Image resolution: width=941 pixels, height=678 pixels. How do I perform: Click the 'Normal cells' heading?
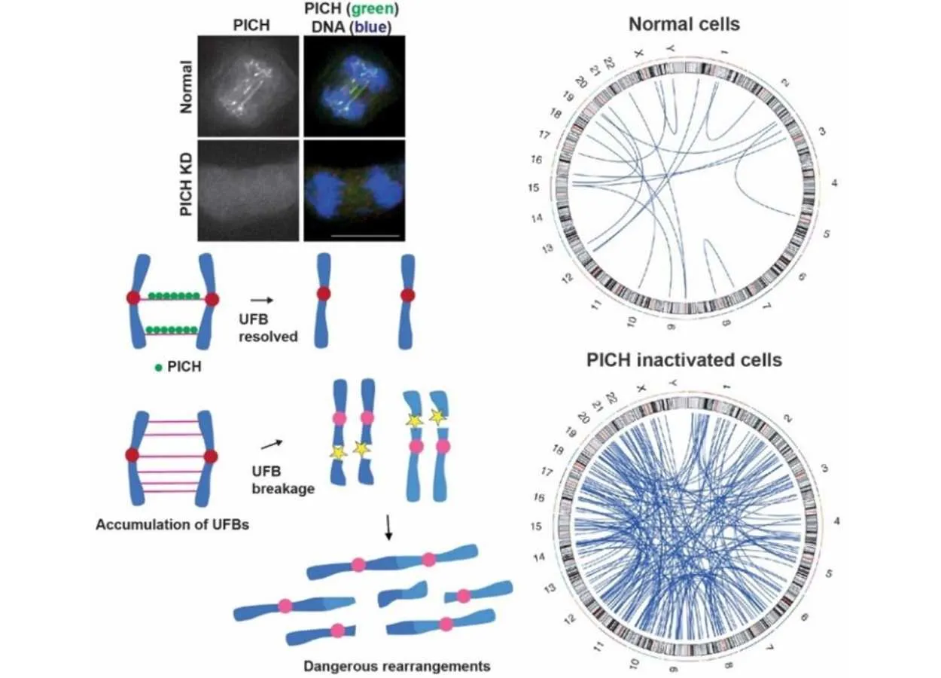coord(684,24)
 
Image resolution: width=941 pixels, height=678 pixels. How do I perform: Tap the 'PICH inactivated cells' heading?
coord(684,359)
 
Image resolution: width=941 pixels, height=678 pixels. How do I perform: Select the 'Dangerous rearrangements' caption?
coord(397,666)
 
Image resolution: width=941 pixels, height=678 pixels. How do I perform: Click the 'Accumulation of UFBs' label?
coord(172,524)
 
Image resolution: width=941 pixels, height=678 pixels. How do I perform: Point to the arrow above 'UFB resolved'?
coord(260,299)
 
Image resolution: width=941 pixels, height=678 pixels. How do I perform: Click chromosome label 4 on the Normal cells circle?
coord(834,183)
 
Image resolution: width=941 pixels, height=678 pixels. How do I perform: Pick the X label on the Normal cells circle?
coord(639,53)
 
